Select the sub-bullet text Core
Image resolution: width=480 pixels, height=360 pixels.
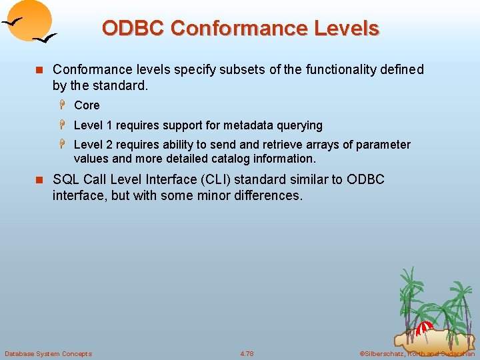87,105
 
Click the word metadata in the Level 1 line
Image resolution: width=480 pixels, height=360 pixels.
249,125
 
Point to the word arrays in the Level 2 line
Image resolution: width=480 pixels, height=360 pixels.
315,145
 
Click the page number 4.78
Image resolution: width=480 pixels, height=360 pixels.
247,353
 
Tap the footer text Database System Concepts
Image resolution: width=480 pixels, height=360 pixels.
48,353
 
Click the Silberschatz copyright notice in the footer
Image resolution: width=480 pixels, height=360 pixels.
417,353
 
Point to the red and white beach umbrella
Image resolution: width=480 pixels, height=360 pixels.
425,327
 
